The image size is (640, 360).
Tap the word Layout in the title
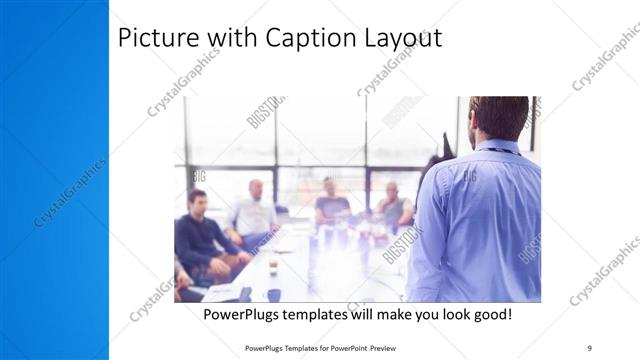[406, 39]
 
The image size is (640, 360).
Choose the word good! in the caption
[490, 314]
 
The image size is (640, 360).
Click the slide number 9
[589, 347]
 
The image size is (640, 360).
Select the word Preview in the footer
[391, 347]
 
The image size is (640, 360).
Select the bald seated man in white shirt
[254, 212]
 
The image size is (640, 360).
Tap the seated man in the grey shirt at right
[393, 206]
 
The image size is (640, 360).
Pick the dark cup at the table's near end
[274, 295]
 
